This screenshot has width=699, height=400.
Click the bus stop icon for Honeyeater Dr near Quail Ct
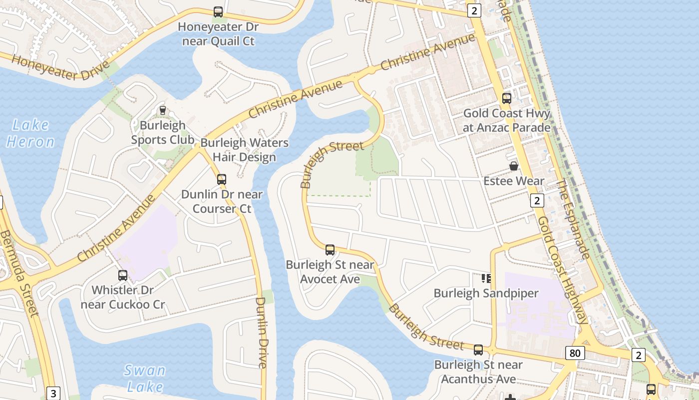coord(218,12)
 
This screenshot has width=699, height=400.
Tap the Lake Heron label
coord(30,133)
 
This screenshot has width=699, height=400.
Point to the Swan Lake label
coord(145,378)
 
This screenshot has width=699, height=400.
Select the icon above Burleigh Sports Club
coord(162,110)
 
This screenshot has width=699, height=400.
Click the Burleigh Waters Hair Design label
coord(244,150)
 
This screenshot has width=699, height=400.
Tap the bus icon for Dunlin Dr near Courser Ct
coord(222,179)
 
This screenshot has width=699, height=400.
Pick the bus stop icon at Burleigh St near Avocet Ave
coord(330,250)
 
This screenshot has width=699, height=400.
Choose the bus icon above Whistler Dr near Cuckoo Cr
coord(123,275)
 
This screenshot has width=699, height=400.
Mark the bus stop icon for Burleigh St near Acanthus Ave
coord(478,350)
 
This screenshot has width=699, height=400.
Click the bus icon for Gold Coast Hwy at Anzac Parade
coord(507,98)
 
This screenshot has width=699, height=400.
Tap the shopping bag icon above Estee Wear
coord(514,166)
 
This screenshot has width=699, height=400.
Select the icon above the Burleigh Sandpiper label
coord(486,278)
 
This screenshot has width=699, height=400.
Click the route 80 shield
coord(575,353)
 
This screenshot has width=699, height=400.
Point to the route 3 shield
coord(53,393)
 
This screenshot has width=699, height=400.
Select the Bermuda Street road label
coord(19,272)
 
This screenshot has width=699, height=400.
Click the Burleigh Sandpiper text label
coord(486,293)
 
